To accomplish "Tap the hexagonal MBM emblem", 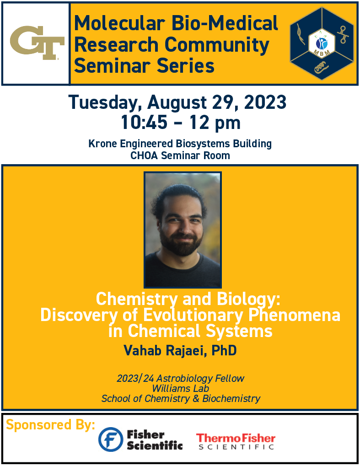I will pyautogui.click(x=322, y=43).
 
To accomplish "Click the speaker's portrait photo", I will pyautogui.click(x=183, y=230).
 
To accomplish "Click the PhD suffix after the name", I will pyautogui.click(x=224, y=351).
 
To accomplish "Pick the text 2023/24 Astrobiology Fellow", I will pyautogui.click(x=180, y=378).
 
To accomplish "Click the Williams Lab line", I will pyautogui.click(x=180, y=388).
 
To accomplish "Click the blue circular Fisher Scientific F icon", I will pyautogui.click(x=111, y=439).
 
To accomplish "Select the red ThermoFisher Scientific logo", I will pyautogui.click(x=236, y=441).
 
